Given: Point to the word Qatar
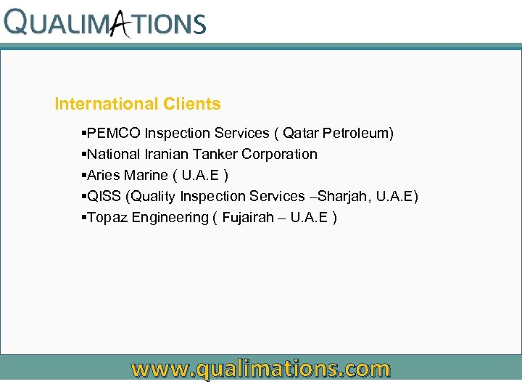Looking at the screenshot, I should tap(301, 133).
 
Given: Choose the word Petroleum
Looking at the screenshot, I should tap(358, 133).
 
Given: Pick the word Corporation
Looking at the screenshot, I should tap(280, 154).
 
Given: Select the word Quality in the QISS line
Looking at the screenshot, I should tap(152, 196).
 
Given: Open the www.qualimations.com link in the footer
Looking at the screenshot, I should tap(260, 369).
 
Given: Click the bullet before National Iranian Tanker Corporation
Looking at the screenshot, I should tap(84, 154).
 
